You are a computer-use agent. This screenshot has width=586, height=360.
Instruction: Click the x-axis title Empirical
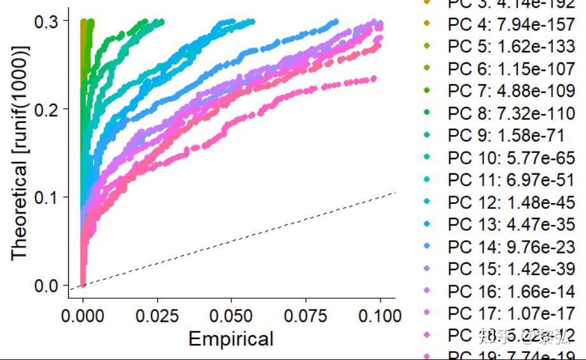pos(231,339)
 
